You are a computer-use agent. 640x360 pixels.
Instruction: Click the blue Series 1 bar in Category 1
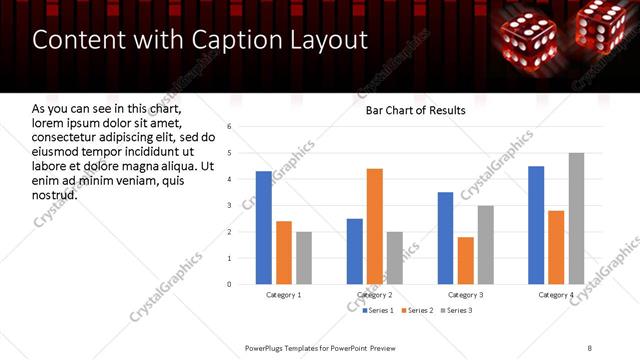(x=264, y=228)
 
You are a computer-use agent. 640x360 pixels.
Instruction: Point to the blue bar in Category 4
(x=536, y=225)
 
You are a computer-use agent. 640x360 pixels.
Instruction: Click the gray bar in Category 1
(x=304, y=258)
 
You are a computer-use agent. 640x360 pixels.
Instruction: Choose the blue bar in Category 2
(x=355, y=251)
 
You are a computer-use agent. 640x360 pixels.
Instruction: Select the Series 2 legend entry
(x=417, y=311)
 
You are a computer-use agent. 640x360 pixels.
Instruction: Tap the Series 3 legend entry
(x=455, y=311)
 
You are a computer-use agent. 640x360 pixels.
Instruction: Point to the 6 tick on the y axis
(x=230, y=127)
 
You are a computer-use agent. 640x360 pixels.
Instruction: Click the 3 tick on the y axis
(x=230, y=205)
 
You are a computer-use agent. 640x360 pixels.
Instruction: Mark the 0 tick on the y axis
(x=230, y=284)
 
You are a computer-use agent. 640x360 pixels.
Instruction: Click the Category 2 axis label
(x=375, y=295)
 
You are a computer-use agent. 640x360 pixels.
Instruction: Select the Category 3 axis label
(x=466, y=295)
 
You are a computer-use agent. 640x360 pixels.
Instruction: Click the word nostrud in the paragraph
(x=55, y=194)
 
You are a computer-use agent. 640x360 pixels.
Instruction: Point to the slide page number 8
(x=590, y=347)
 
